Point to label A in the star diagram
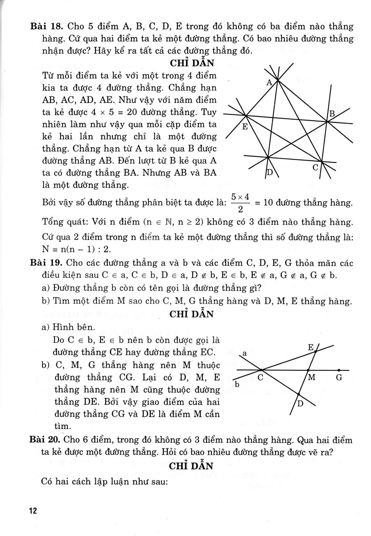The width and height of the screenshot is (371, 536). pyautogui.click(x=269, y=83)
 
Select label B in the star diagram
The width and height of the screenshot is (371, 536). pyautogui.click(x=331, y=114)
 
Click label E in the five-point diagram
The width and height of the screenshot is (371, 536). pyautogui.click(x=245, y=127)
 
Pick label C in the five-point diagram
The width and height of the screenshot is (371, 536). pyautogui.click(x=315, y=168)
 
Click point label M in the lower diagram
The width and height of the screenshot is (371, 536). pyautogui.click(x=312, y=377)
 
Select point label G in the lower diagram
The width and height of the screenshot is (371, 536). pyautogui.click(x=339, y=377)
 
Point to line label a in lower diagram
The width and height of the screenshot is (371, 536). pyautogui.click(x=245, y=353)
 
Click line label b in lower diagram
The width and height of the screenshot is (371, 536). pyautogui.click(x=237, y=384)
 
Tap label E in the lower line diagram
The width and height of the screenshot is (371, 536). pyautogui.click(x=311, y=347)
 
